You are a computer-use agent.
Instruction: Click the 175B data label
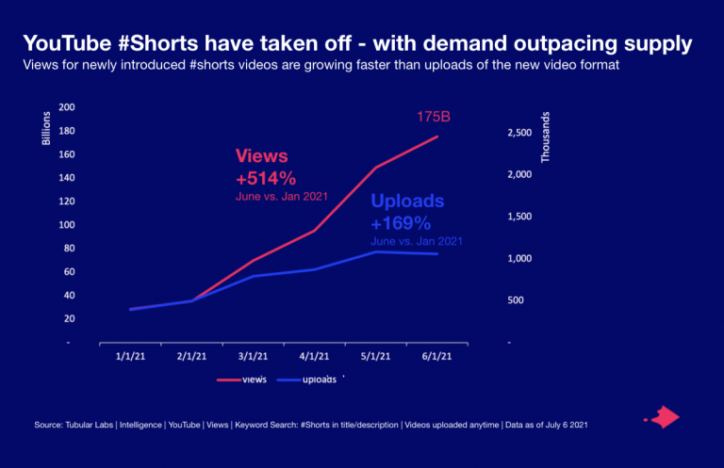(x=436, y=117)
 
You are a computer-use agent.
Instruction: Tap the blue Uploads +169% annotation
(x=407, y=213)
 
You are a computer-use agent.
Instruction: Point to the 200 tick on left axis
(x=66, y=107)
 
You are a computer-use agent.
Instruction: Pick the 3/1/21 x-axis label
(x=253, y=357)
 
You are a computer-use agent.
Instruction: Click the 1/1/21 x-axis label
(x=130, y=357)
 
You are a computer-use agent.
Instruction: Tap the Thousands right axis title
(x=545, y=137)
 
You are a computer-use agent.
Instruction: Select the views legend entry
(x=242, y=379)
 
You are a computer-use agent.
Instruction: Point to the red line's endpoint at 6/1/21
(x=437, y=137)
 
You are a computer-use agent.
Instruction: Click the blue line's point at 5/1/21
(x=376, y=251)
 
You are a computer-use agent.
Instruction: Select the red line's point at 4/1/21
(x=315, y=230)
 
